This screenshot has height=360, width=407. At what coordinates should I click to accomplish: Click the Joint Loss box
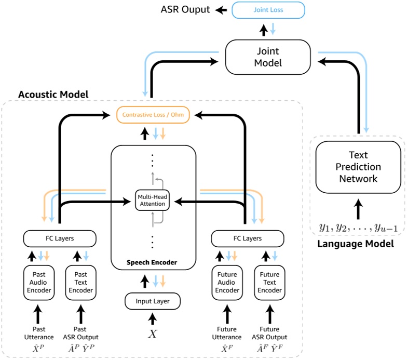pyautogui.click(x=268, y=10)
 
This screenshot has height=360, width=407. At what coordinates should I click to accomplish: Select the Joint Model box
pyautogui.click(x=268, y=57)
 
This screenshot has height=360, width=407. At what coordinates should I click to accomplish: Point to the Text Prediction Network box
pyautogui.click(x=358, y=167)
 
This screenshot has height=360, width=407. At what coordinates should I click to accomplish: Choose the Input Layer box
pyautogui.click(x=153, y=300)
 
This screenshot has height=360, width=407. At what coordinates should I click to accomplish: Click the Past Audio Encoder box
pyautogui.click(x=38, y=283)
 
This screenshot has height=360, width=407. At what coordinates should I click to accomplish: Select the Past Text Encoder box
pyautogui.click(x=80, y=283)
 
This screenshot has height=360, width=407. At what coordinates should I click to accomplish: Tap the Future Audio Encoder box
pyautogui.click(x=227, y=283)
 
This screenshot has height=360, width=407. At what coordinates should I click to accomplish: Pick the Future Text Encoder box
pyautogui.click(x=269, y=283)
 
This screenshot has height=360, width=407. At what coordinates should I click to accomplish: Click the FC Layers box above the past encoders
pyautogui.click(x=60, y=238)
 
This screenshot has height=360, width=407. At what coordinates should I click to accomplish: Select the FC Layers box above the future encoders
pyautogui.click(x=247, y=238)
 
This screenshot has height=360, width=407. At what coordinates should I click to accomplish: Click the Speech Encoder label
pyautogui.click(x=152, y=262)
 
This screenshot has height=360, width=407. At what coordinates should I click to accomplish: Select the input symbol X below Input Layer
pyautogui.click(x=153, y=334)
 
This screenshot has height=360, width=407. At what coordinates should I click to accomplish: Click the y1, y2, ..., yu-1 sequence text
pyautogui.click(x=358, y=228)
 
